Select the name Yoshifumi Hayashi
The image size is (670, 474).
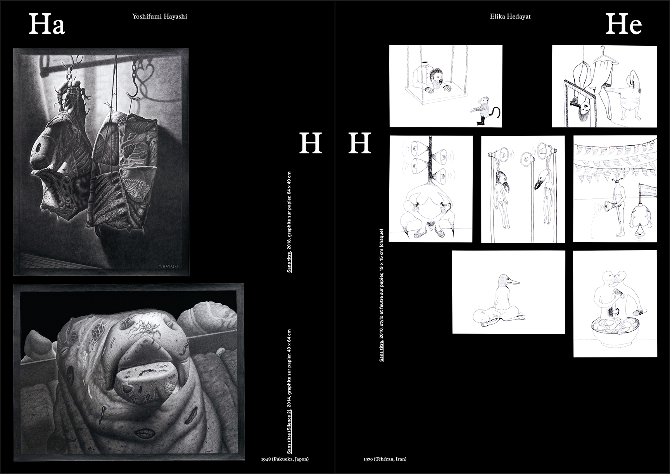[x=159, y=17]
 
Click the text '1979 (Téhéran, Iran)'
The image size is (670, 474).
[x=385, y=459]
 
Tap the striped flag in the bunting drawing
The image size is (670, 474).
[x=648, y=191]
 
